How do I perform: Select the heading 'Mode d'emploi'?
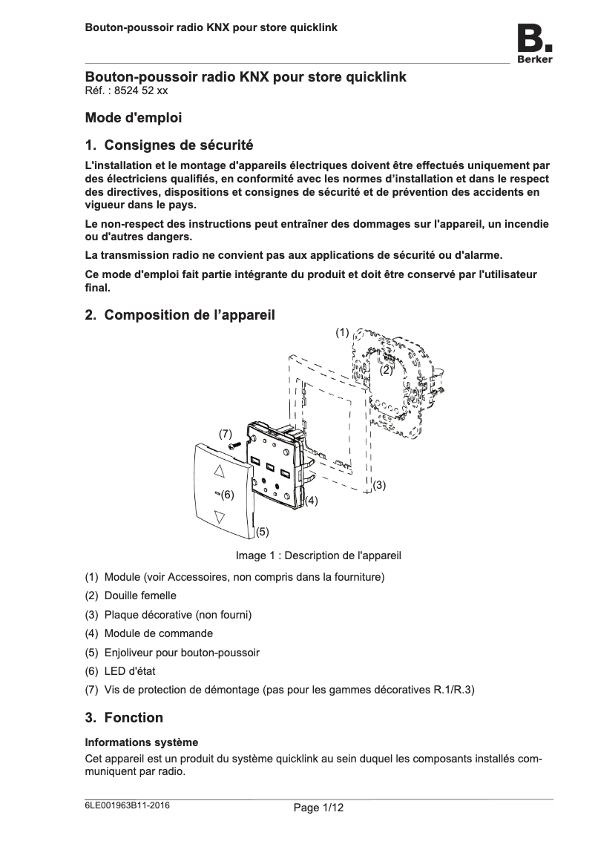pos(134,118)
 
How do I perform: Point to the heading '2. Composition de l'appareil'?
pos(180,315)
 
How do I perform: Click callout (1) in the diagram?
pos(341,332)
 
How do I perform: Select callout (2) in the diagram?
pos(386,369)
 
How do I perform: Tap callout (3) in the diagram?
pos(379,485)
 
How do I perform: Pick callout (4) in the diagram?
pos(312,501)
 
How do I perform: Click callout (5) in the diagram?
pos(262,532)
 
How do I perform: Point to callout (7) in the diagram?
pos(225,432)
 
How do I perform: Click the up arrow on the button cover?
pos(219,470)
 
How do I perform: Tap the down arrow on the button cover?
pos(219,516)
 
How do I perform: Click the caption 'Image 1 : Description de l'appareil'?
pos(318,555)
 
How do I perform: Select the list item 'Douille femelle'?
pos(140,596)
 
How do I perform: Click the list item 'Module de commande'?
pos(158,633)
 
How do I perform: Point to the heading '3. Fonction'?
pos(124,718)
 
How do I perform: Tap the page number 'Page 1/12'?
pos(319,808)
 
